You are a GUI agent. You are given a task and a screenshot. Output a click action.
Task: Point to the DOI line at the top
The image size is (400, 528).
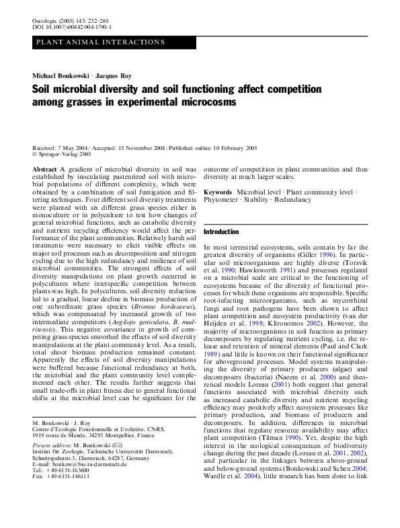coord(72,28)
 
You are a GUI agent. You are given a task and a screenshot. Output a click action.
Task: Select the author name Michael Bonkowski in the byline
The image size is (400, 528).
coord(58,75)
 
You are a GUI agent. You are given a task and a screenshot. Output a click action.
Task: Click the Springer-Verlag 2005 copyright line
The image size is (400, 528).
coord(68,154)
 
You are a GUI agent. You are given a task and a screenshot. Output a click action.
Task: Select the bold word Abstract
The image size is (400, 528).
coord(44,169)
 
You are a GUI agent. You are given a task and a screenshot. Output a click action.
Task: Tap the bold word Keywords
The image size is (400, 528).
coord(218,192)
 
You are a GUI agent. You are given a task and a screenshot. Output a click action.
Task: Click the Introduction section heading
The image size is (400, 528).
coord(221,232)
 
